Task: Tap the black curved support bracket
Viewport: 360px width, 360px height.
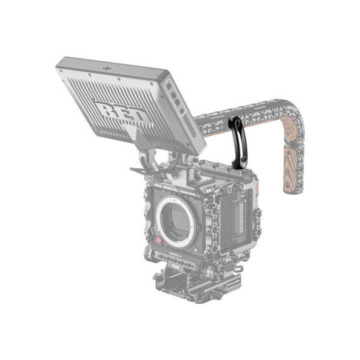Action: coord(235,142)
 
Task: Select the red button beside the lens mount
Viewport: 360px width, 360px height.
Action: coord(158,241)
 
